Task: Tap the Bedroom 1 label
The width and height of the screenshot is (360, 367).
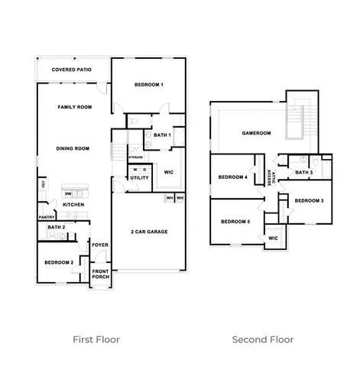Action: point(149,84)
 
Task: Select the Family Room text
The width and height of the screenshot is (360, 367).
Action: point(74,108)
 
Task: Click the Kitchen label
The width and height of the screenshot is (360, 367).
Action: point(73,205)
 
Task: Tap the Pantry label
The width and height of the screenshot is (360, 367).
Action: point(46,217)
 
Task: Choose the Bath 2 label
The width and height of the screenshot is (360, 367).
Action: point(55,228)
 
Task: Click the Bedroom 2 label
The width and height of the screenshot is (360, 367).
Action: point(59,262)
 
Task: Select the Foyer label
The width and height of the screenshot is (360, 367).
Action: point(100,245)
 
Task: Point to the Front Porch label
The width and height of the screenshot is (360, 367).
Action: point(100,274)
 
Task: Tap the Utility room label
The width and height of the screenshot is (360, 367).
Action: point(139,178)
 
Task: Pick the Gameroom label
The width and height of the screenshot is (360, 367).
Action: point(257,133)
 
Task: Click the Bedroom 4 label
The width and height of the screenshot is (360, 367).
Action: point(232,177)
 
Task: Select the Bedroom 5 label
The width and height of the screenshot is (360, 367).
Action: point(235,222)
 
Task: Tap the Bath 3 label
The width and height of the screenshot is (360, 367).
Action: point(303,173)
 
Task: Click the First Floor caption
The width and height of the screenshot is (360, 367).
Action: point(96,339)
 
